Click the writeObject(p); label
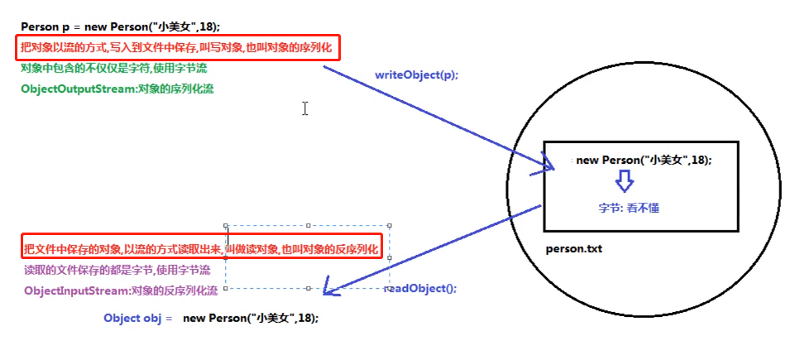point(416,74)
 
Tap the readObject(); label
point(421,289)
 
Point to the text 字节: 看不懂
point(630,208)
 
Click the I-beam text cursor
point(305,108)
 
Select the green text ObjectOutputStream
point(74,89)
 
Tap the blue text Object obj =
point(137,318)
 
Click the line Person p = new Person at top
point(121,27)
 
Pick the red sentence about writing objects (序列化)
point(177,49)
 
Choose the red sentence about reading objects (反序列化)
point(201,248)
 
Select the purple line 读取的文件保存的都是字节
point(117,270)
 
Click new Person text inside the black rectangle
point(644,161)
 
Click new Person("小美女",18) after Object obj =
point(251,318)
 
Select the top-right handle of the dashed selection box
point(389,225)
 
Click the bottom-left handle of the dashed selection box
point(226,288)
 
